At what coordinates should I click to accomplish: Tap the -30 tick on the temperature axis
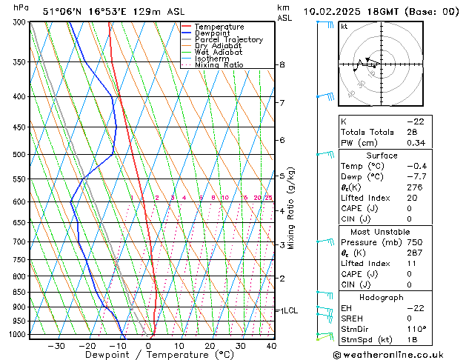56,346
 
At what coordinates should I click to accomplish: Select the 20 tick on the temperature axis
210,346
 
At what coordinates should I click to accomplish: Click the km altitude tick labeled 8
282,65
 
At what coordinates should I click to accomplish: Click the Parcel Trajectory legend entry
228,39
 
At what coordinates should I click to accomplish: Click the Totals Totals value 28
412,132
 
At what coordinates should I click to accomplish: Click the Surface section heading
382,156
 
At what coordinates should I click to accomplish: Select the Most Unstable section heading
382,232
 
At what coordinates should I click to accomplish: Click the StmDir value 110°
416,329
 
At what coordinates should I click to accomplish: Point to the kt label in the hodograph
344,27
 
